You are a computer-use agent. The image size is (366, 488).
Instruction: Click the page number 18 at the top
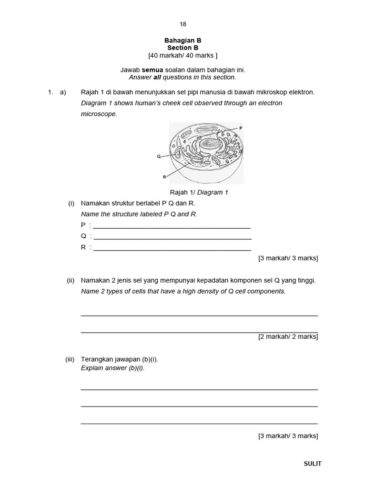point(183,24)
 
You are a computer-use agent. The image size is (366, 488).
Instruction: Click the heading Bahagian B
point(183,41)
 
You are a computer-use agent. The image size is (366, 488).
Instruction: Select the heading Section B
point(183,48)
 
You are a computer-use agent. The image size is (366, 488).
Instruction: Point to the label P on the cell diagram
point(241,128)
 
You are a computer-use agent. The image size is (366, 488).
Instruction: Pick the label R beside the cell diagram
point(164,176)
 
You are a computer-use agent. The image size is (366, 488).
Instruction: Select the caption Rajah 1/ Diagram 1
point(199,193)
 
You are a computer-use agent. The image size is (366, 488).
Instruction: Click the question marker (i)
point(71,203)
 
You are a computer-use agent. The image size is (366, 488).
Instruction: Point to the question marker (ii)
point(71,281)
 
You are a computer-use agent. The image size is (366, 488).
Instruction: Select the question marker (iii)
point(70,359)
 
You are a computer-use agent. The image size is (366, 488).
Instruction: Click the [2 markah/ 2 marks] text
point(288,336)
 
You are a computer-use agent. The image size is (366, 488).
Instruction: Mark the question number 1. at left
point(51,92)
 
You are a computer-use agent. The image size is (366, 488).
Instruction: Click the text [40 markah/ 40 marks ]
point(183,55)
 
